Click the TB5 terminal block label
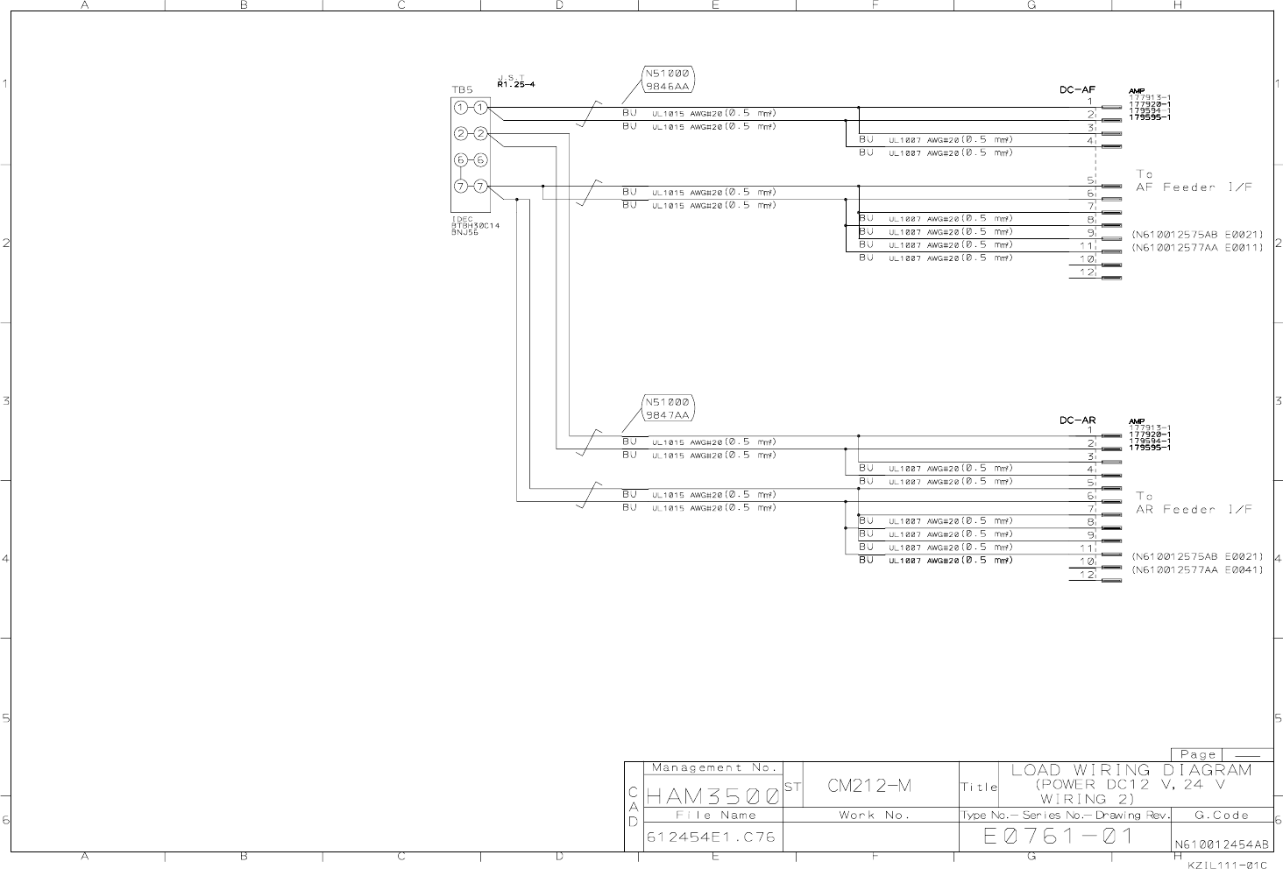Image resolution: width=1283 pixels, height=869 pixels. (x=462, y=89)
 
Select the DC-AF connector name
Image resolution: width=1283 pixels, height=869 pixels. (x=1077, y=89)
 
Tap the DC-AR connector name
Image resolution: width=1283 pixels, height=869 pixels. (x=1077, y=420)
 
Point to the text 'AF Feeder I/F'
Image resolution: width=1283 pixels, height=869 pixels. (x=1194, y=187)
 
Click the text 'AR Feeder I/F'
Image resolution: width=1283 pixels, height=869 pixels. (x=1194, y=510)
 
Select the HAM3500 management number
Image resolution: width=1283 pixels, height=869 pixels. (x=712, y=797)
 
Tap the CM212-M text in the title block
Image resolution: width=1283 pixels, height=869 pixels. (x=869, y=786)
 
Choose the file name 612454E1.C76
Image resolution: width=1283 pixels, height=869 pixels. (x=711, y=837)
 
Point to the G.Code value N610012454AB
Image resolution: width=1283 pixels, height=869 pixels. (x=1221, y=845)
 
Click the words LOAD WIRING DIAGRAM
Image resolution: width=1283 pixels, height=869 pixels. (x=1131, y=771)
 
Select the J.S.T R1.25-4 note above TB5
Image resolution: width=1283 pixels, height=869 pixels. (x=515, y=81)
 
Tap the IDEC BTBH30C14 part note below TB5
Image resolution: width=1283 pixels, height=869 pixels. (x=475, y=226)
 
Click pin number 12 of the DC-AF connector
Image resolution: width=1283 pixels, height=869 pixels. (x=1087, y=272)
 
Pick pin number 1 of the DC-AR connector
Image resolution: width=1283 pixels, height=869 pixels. (x=1090, y=430)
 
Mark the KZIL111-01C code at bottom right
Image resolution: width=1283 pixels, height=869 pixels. (x=1227, y=864)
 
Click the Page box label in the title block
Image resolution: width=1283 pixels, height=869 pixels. (x=1197, y=755)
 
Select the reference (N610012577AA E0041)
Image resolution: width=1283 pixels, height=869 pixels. (x=1197, y=570)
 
